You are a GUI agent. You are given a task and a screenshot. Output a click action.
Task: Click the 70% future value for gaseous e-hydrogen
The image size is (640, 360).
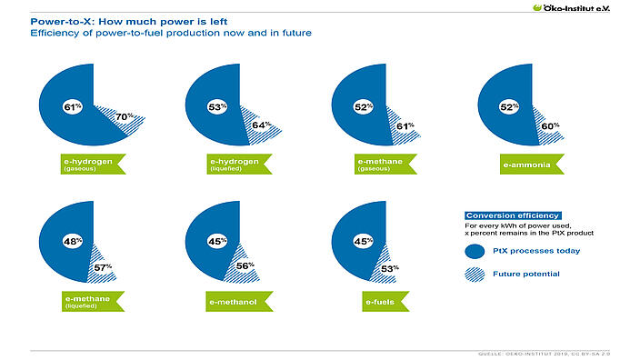coord(125,117)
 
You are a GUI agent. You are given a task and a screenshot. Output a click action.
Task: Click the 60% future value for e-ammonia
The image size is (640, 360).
coord(547,126)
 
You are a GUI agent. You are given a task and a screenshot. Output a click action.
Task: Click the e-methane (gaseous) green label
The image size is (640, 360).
coord(378,165)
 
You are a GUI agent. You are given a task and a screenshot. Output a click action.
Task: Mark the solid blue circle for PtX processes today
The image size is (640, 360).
coord(473,250)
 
